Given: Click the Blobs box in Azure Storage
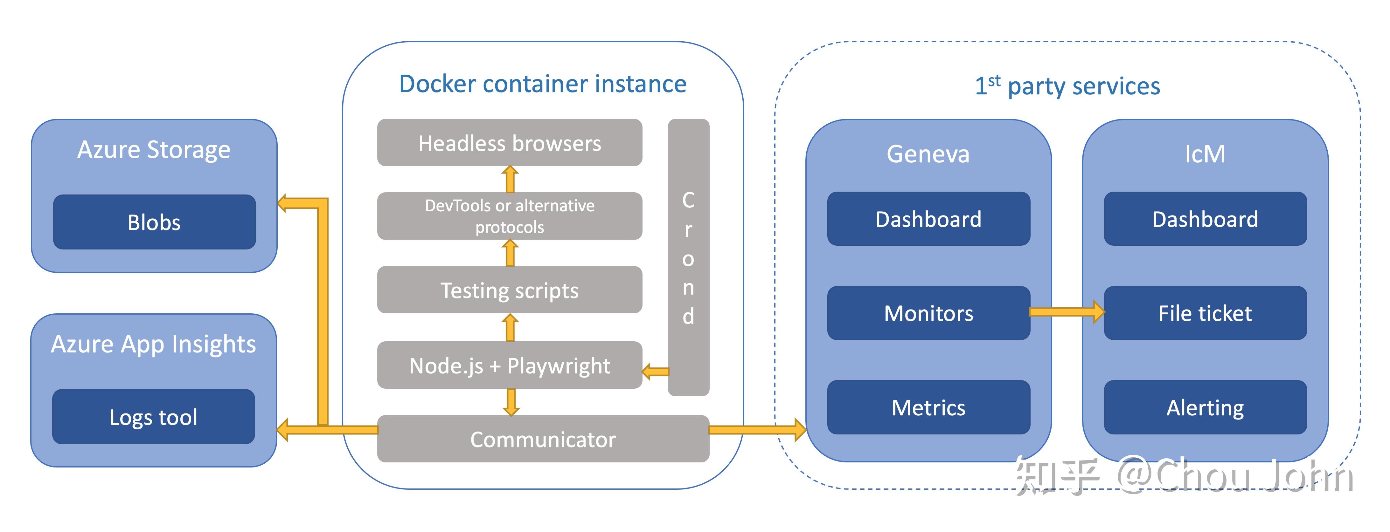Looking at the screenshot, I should click(154, 222).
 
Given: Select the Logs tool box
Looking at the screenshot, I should click(153, 417).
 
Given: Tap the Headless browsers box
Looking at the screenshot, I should click(509, 143).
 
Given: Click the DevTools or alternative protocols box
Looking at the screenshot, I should click(509, 216).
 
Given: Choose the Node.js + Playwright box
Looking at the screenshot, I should click(509, 365).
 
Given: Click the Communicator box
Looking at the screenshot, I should click(543, 439).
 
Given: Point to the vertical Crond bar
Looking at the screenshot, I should click(689, 258).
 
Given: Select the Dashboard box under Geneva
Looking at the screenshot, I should click(928, 219).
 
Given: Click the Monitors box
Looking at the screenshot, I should click(928, 313).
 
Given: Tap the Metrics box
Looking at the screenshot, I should click(928, 407).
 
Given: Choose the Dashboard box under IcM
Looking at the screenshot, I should click(1205, 219).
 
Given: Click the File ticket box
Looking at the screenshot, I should click(1205, 313).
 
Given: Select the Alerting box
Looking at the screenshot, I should click(1205, 407).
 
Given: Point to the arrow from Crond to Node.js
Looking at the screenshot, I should click(656, 372).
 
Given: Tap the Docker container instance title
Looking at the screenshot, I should click(543, 84).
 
